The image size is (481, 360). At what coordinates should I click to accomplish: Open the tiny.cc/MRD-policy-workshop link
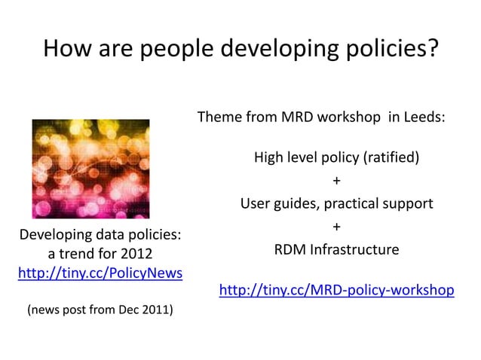coord(336,290)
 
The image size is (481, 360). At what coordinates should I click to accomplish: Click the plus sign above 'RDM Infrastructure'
coord(336,227)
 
